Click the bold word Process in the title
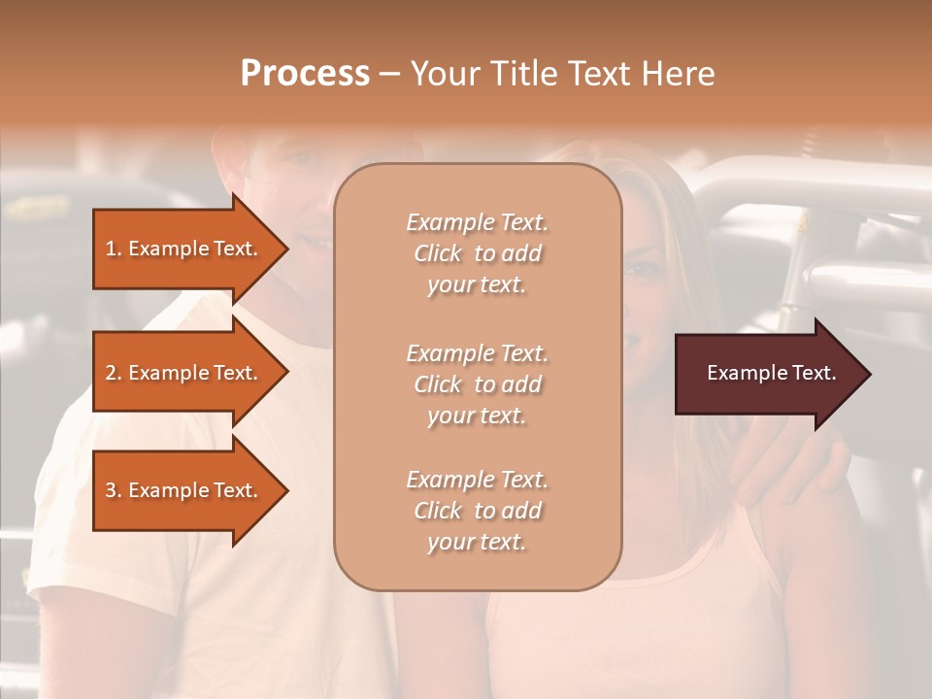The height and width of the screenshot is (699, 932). pyautogui.click(x=305, y=74)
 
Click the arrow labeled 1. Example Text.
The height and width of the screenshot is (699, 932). pyautogui.click(x=182, y=249)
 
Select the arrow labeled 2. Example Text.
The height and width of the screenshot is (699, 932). pyautogui.click(x=182, y=373)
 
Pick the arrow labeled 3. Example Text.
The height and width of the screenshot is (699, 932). pyautogui.click(x=182, y=490)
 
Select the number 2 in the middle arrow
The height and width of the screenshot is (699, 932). pyautogui.click(x=111, y=373)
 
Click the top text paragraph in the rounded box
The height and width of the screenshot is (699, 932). pyautogui.click(x=477, y=253)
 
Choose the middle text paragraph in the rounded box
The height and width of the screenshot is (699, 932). pyautogui.click(x=477, y=384)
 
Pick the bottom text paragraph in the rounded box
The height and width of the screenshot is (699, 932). pyautogui.click(x=477, y=511)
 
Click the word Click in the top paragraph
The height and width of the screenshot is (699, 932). pyautogui.click(x=438, y=253)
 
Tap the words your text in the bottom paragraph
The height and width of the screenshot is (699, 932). pyautogui.click(x=477, y=542)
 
